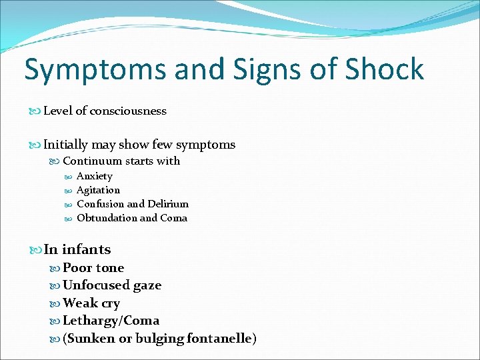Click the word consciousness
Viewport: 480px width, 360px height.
(127, 111)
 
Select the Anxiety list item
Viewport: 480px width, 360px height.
(95, 176)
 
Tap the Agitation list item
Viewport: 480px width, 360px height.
(98, 190)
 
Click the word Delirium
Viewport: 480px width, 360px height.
(167, 204)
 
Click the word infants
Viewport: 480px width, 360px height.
(86, 249)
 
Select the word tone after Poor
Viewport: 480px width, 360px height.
(109, 268)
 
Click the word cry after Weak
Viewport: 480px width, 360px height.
(111, 304)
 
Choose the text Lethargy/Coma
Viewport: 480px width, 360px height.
(111, 321)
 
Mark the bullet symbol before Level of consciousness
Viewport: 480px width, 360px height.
(36, 111)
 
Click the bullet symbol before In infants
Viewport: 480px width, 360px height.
(36, 250)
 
